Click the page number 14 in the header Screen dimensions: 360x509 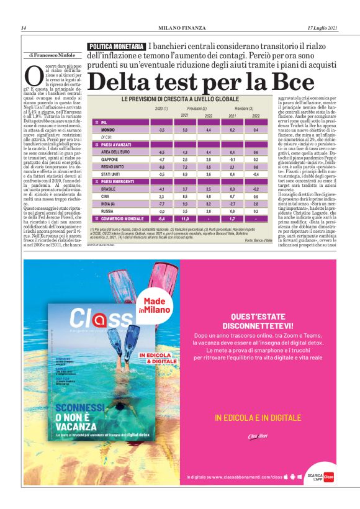24,28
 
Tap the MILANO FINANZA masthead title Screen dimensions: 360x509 179,28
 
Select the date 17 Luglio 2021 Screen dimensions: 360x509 323,28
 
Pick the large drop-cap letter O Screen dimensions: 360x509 35,76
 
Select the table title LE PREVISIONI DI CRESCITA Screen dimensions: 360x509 180,99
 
